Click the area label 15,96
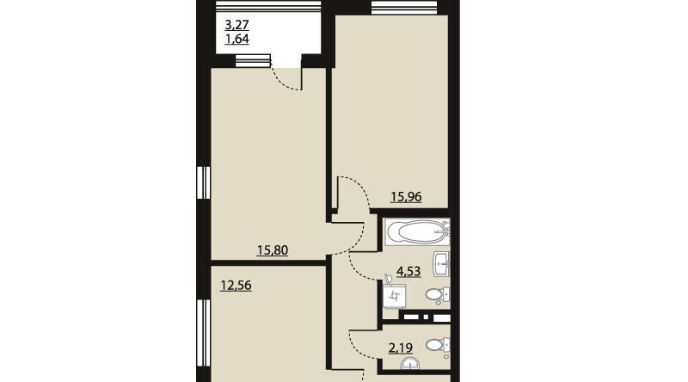pos(406,197)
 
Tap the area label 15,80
pos(272,250)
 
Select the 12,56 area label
pos(236,286)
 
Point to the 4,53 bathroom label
pos(408,271)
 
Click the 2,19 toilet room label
pos(401,348)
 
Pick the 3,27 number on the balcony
pos(237,24)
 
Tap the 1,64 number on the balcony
pos(237,39)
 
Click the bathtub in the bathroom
pos(418,231)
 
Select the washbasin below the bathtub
pos(441,264)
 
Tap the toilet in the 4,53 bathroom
pos(438,295)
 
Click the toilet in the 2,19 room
pos(438,345)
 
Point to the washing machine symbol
pos(394,296)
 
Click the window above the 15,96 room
pos(404,8)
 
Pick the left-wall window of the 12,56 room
pos(203,333)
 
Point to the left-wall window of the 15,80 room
pos(203,182)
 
